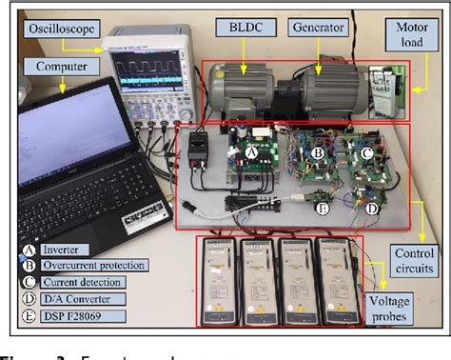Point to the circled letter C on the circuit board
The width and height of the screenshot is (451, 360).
click(x=367, y=150)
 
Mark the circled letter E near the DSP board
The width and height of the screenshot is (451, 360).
click(x=323, y=208)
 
